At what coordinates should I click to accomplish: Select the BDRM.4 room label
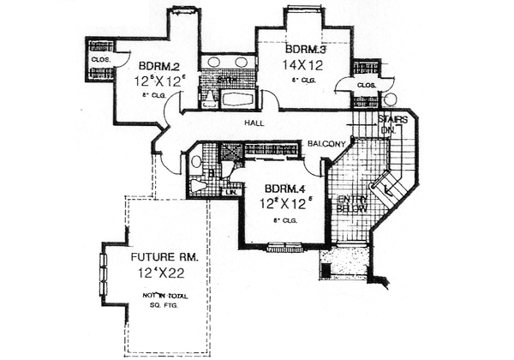click(x=282, y=189)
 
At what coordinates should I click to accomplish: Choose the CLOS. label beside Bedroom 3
click(x=366, y=86)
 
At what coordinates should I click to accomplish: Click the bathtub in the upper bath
click(x=239, y=99)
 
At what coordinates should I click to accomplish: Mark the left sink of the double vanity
click(x=214, y=63)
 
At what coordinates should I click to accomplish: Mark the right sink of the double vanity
click(x=242, y=63)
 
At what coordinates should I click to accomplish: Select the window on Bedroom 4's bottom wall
click(x=282, y=248)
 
